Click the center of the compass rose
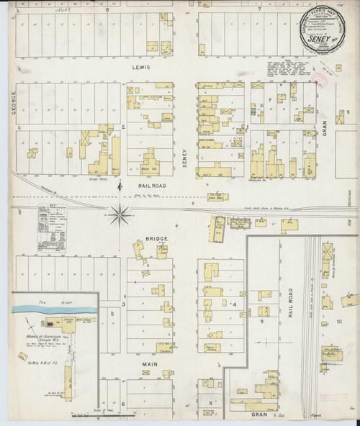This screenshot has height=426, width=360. [120, 211]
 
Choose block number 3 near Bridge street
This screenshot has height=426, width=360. [123, 304]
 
